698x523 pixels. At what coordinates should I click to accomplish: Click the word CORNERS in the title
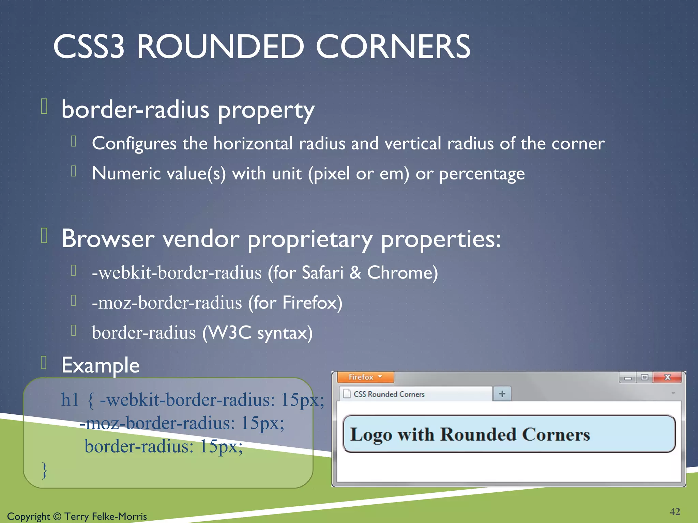click(393, 47)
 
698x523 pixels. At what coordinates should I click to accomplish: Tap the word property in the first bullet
click(266, 111)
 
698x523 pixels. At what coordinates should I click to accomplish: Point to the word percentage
click(482, 174)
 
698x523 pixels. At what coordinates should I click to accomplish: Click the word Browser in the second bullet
click(108, 239)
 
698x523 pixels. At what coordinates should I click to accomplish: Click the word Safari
click(322, 273)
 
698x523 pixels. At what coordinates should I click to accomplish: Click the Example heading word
click(101, 365)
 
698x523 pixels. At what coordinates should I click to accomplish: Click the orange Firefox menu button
click(365, 377)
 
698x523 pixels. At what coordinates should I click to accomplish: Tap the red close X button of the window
click(667, 377)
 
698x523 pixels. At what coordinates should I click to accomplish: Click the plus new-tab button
click(502, 394)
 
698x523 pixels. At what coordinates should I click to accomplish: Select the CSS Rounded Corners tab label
click(389, 394)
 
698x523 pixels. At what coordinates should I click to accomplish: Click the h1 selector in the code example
click(70, 400)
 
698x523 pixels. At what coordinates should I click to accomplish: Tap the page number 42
click(675, 511)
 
